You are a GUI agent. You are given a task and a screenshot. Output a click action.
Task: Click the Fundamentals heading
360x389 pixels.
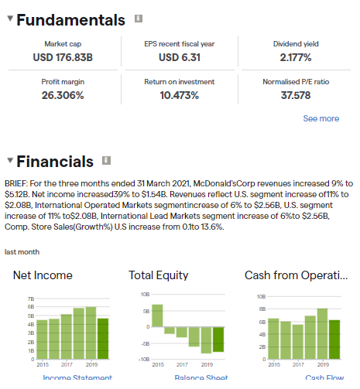point(70,20)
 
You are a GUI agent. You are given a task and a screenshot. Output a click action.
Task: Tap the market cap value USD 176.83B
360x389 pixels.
point(63,57)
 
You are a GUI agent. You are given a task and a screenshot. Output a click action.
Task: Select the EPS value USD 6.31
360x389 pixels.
point(180,57)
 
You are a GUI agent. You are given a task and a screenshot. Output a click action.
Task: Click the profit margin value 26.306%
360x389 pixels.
point(63,95)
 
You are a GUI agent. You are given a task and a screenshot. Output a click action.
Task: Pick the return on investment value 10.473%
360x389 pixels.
point(179,95)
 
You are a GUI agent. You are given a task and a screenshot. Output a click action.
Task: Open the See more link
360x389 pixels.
point(321,118)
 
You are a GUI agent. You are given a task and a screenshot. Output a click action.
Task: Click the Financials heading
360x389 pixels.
point(55,162)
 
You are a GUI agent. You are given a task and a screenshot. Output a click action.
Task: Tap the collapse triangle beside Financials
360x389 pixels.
point(9,161)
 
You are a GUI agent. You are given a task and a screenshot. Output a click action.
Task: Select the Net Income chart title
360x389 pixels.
point(43,275)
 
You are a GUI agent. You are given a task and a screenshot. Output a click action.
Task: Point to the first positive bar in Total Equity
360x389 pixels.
point(158,315)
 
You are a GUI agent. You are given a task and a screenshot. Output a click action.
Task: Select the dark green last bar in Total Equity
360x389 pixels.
point(218,339)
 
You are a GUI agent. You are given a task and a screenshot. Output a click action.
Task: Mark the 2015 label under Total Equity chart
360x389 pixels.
point(158,364)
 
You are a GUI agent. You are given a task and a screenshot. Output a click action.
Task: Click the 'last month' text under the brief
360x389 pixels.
point(22,252)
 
